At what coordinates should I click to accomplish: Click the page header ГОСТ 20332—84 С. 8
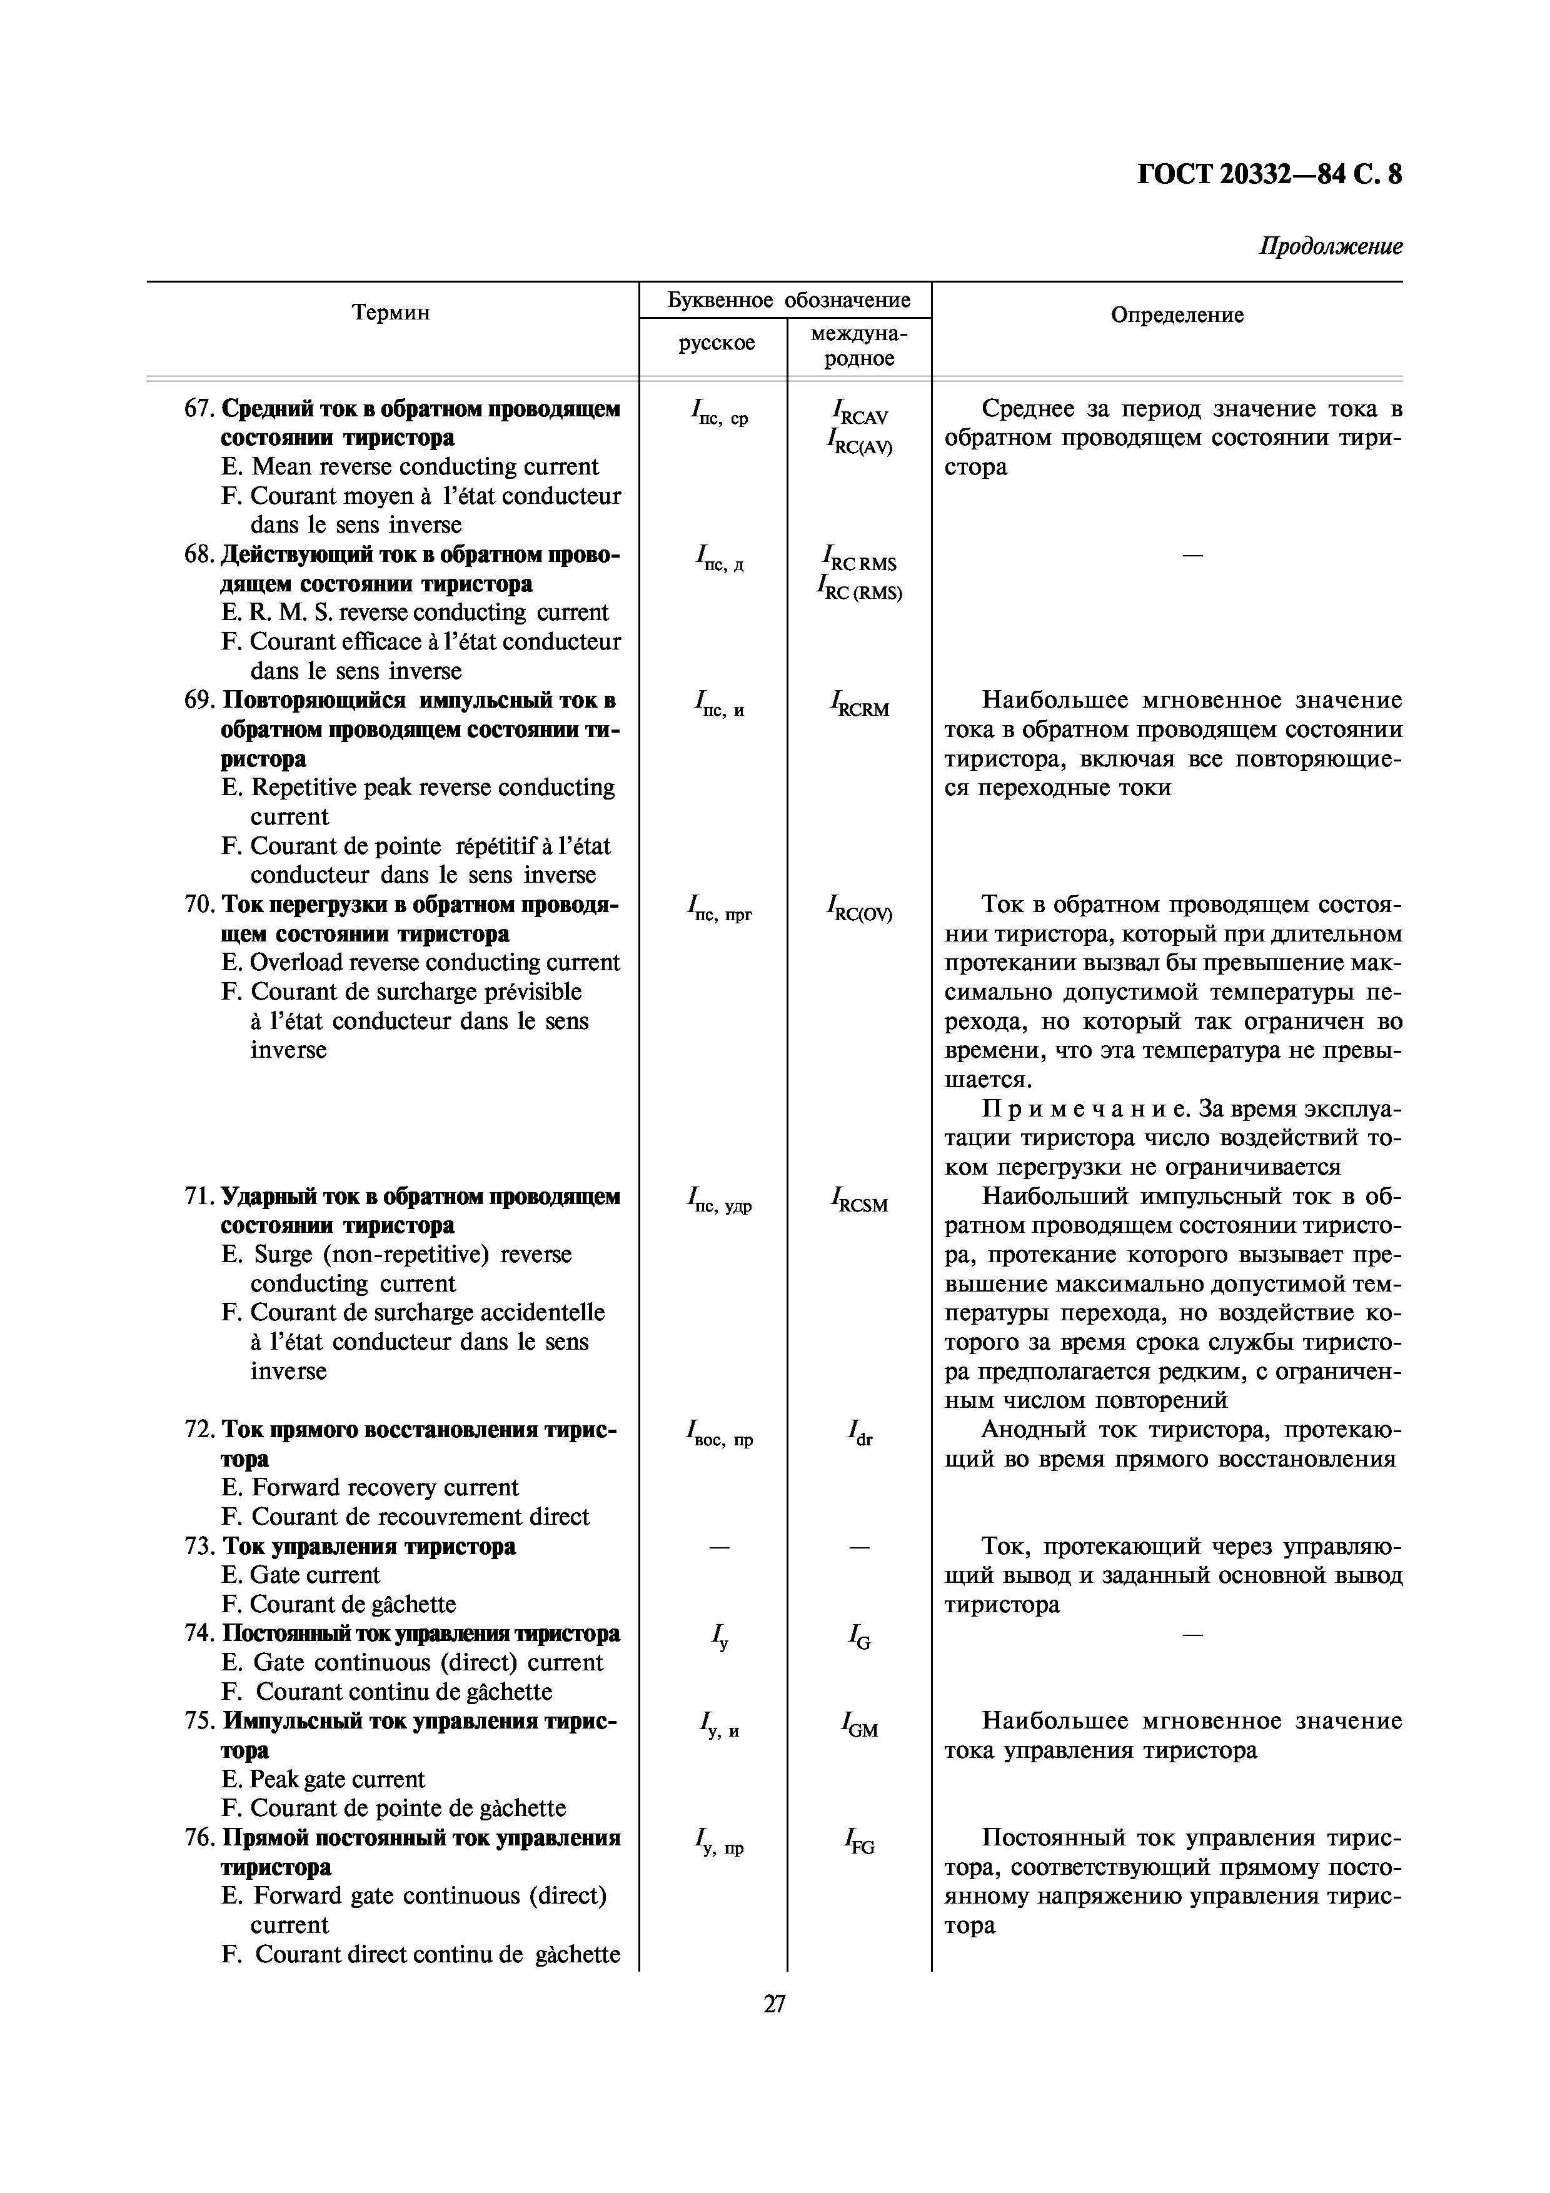point(1269,175)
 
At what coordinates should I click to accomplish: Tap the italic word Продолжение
point(1331,246)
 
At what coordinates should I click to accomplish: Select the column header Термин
point(391,313)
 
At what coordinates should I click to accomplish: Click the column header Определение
point(1177,315)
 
